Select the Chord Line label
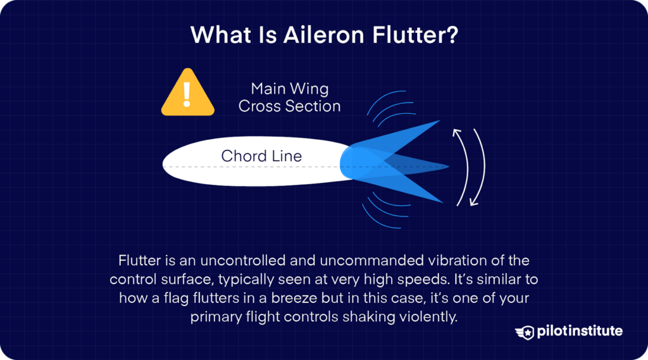point(261,156)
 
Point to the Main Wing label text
point(289,89)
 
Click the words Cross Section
point(289,106)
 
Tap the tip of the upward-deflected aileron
point(438,121)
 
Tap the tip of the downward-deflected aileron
point(441,202)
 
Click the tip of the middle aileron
point(448,167)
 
